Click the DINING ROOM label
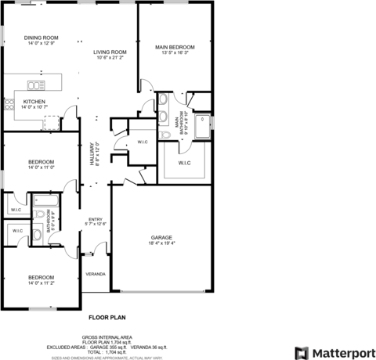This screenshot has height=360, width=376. [x=41, y=38]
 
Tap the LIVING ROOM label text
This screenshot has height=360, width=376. [x=110, y=52]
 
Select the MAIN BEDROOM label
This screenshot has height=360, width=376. [x=175, y=47]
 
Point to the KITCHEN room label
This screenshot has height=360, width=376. [x=34, y=102]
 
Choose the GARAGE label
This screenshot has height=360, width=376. [x=161, y=237]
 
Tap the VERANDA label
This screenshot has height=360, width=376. [x=96, y=274]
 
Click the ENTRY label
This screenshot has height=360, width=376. [x=96, y=219]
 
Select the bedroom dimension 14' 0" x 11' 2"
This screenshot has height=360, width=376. [x=41, y=283]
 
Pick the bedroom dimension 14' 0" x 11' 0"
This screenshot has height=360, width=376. [x=41, y=167]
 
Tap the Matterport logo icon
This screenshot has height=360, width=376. [x=302, y=351]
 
